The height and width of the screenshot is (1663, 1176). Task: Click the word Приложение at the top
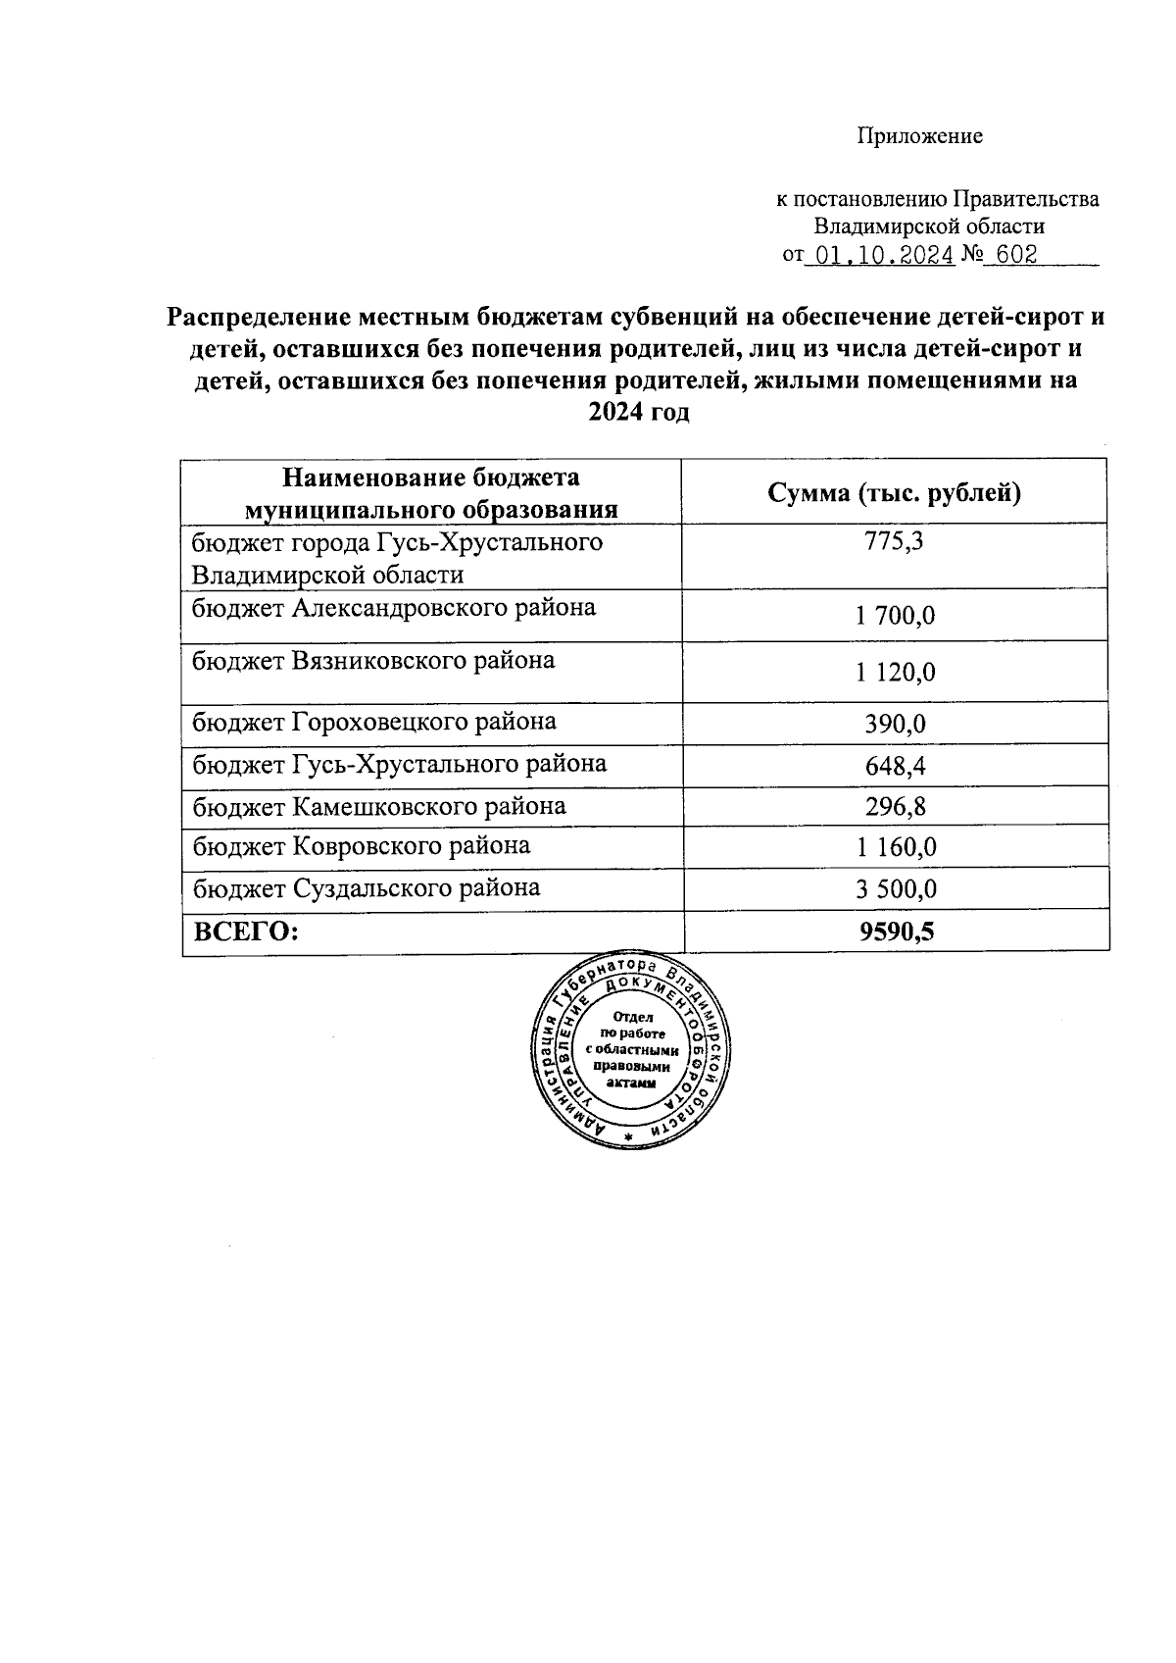pyautogui.click(x=919, y=136)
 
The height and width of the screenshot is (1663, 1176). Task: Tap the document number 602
pyautogui.click(x=1015, y=255)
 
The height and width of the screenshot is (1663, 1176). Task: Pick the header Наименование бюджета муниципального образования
pyautogui.click(x=431, y=493)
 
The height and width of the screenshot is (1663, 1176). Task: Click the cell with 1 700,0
pyautogui.click(x=895, y=616)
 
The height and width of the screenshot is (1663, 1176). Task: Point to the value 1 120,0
pyautogui.click(x=895, y=672)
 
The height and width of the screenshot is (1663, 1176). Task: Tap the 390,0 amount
pyautogui.click(x=895, y=725)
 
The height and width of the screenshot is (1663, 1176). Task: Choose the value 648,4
pyautogui.click(x=895, y=766)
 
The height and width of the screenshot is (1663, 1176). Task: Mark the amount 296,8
pyautogui.click(x=895, y=807)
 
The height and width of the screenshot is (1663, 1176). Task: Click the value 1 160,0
pyautogui.click(x=895, y=847)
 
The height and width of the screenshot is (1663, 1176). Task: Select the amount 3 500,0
pyautogui.click(x=895, y=889)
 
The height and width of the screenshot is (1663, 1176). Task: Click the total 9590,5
pyautogui.click(x=896, y=932)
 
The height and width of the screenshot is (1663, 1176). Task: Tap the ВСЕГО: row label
pyautogui.click(x=246, y=932)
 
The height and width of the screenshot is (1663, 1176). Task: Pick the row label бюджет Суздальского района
pyautogui.click(x=366, y=888)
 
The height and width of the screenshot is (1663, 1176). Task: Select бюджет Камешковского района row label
pyautogui.click(x=378, y=807)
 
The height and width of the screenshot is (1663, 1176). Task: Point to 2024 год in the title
pyautogui.click(x=638, y=413)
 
